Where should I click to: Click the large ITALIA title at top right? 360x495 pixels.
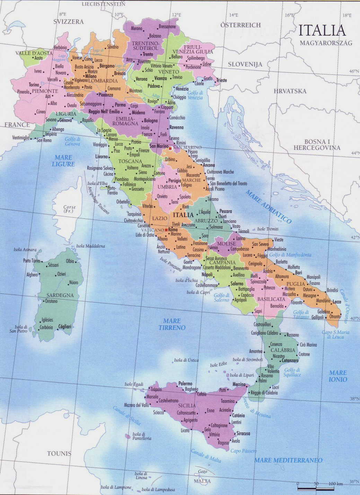pyautogui.click(x=322, y=30)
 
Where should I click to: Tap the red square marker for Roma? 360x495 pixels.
pyautogui.click(x=166, y=230)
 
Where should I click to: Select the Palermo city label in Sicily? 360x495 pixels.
pyautogui.click(x=185, y=384)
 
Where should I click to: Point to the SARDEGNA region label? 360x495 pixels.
pyautogui.click(x=60, y=295)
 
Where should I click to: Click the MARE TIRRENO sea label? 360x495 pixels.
pyautogui.click(x=172, y=324)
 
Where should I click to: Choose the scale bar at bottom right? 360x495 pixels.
pyautogui.click(x=316, y=488)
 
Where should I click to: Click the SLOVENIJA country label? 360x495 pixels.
pyautogui.click(x=245, y=64)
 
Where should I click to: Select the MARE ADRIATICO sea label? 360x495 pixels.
pyautogui.click(x=269, y=206)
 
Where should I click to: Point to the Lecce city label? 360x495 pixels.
pyautogui.click(x=337, y=302)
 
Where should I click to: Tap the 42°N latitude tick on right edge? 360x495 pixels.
pyautogui.click(x=353, y=238)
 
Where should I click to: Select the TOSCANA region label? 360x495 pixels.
pyautogui.click(x=130, y=161)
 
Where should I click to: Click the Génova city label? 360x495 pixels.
pyautogui.click(x=65, y=120)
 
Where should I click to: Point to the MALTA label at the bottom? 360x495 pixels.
pyautogui.click(x=202, y=481)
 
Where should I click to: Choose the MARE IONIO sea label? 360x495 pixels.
pyautogui.click(x=338, y=376)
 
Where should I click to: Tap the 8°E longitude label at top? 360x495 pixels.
pyautogui.click(x=62, y=14)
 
